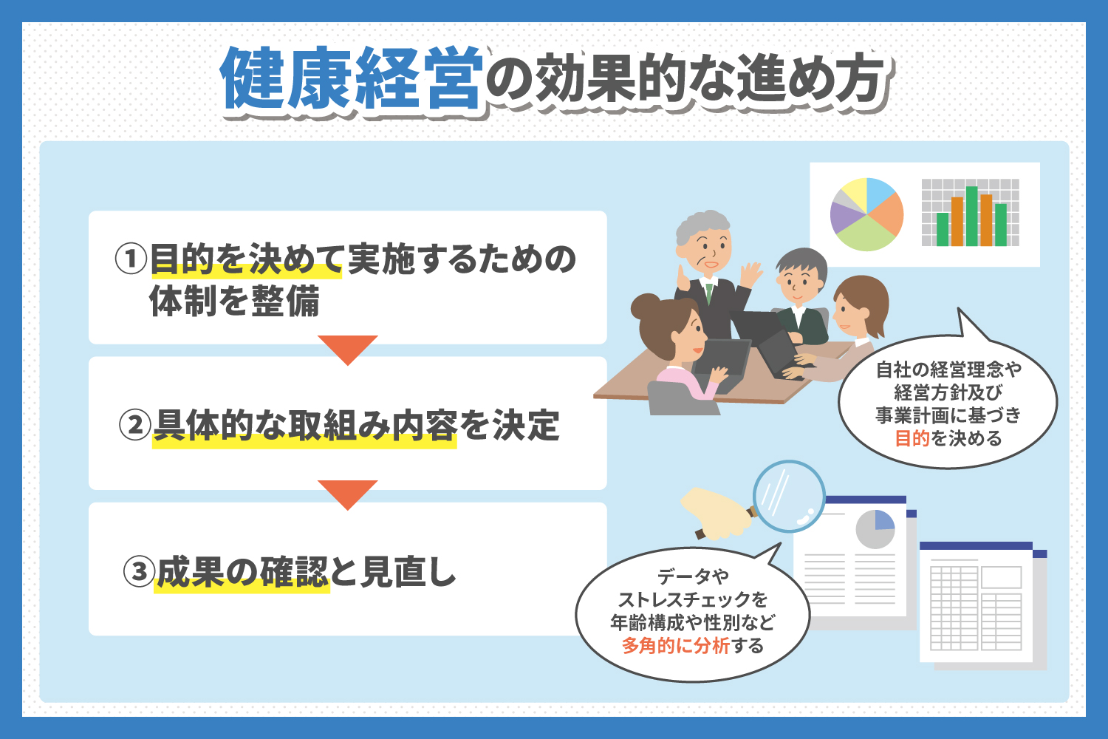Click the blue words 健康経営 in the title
point(352,78)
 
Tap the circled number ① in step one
point(131,259)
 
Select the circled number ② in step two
point(134,425)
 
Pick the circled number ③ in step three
point(139,571)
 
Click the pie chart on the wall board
point(866,214)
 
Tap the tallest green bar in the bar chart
point(971,216)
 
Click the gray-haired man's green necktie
point(709,293)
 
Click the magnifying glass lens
point(789,497)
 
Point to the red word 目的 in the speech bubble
point(912,438)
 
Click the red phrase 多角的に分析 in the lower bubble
point(676,646)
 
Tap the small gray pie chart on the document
point(875,529)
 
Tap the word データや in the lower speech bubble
point(693,576)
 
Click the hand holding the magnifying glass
point(717,515)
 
